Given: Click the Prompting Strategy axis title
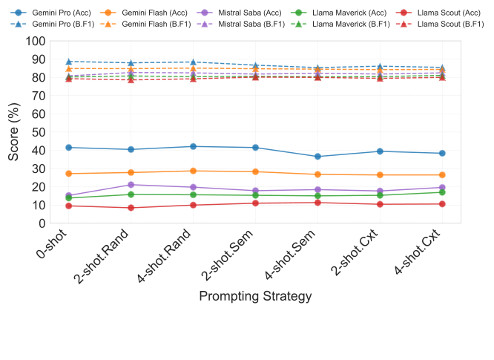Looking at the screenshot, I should point(255,295).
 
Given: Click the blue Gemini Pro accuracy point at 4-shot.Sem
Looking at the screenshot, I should point(317,157).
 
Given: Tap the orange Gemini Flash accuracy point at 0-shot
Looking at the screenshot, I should point(69,174).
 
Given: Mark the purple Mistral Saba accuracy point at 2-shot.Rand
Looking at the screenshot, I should point(131,185).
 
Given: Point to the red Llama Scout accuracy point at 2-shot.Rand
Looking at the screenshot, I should point(131,208).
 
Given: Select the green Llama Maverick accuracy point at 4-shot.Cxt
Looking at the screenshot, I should point(442,192).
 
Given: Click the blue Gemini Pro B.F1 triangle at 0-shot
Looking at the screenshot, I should point(69,62).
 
